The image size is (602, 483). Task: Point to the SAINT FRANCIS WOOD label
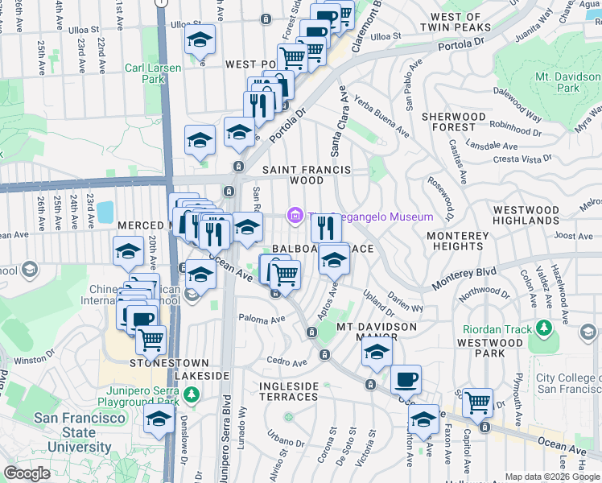click(x=307, y=175)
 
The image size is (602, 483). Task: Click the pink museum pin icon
click(x=295, y=214)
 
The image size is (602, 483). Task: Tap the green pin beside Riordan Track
click(x=545, y=328)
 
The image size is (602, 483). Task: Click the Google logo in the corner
click(x=27, y=473)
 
